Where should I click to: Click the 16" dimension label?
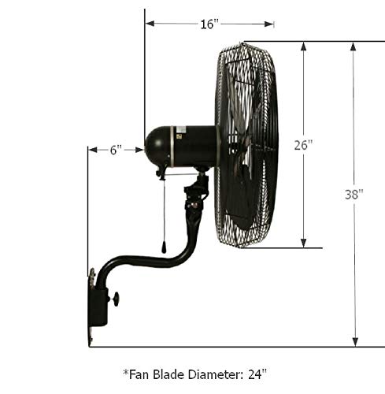click(209, 24)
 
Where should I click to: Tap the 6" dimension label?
click(116, 150)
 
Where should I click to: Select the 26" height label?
click(303, 145)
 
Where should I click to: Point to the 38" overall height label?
click(354, 195)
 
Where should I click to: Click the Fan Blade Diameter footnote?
click(194, 374)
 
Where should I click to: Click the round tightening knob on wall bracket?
click(115, 299)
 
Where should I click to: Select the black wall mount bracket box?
click(98, 307)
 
